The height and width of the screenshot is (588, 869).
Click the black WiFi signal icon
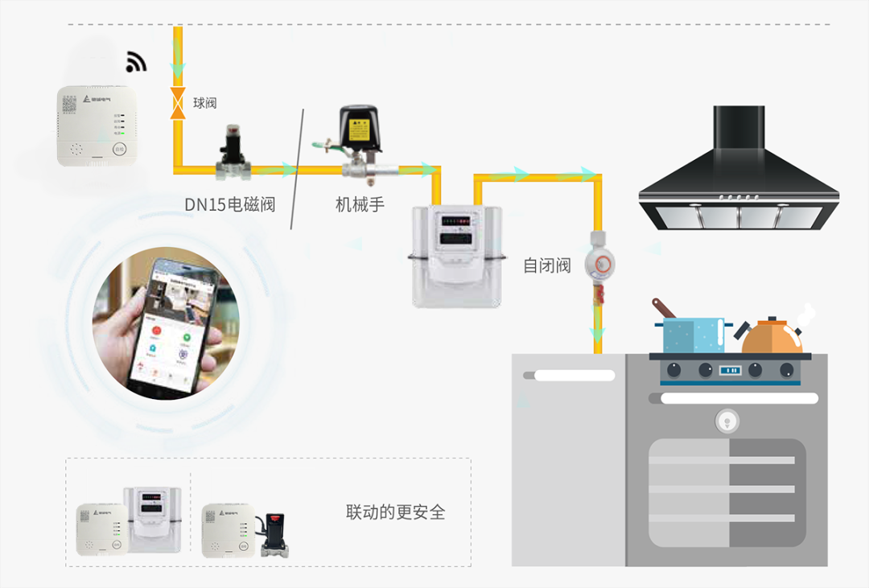(x=136, y=61)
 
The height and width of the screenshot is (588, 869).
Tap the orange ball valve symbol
(x=177, y=104)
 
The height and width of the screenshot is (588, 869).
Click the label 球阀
(x=204, y=103)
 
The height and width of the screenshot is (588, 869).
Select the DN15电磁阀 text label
(x=230, y=204)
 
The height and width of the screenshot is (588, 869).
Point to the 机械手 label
(x=360, y=204)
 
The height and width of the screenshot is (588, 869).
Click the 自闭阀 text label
(x=547, y=265)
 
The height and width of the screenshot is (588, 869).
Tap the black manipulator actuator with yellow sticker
(x=359, y=129)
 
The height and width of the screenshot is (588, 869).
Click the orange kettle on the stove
(x=772, y=335)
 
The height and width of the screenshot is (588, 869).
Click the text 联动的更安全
(x=395, y=512)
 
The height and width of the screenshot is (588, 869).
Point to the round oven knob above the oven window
(x=727, y=419)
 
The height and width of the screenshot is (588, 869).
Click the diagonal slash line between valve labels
(x=297, y=170)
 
